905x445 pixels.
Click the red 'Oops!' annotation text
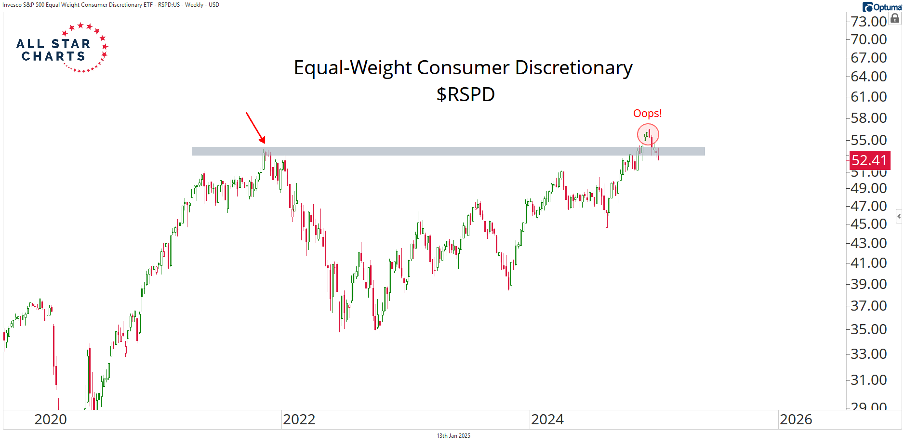647,113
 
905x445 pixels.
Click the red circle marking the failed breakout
648,134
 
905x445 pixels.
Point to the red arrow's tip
264,143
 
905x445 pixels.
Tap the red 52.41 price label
869,160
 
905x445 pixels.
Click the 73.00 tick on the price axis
868,22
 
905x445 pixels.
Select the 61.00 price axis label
868,97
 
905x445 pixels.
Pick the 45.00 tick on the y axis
868,224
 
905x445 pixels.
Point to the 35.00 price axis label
868,329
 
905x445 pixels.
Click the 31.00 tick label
868,380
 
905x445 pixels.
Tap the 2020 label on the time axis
51,419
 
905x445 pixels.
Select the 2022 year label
299,419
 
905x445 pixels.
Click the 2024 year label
547,419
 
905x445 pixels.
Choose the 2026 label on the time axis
796,419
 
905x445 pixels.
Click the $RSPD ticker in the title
466,94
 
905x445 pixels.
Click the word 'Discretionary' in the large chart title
573,68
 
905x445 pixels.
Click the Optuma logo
882,7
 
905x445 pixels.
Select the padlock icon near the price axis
895,19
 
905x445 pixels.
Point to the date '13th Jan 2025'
453,436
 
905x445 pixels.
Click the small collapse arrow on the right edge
899,216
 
